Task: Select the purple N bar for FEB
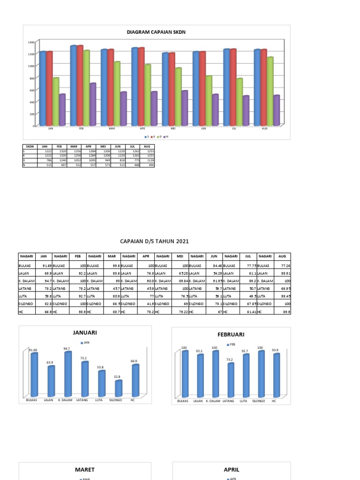click(x=92, y=105)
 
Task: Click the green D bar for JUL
click(x=240, y=102)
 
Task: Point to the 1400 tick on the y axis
click(x=31, y=42)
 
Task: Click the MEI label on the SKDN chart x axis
click(x=173, y=128)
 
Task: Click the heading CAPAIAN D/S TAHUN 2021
click(x=155, y=241)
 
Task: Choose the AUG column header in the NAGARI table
click(x=282, y=256)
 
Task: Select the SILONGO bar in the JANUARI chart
click(x=119, y=389)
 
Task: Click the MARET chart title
click(x=85, y=469)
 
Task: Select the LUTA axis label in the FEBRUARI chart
click(x=243, y=401)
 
